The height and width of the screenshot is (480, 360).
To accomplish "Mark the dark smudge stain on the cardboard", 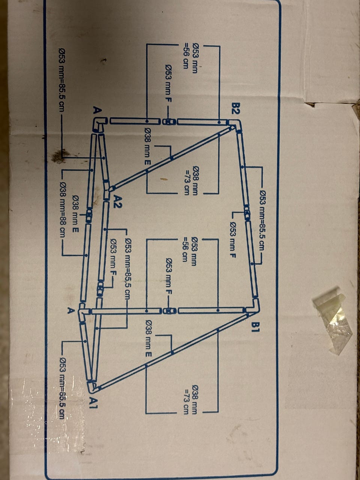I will (x=58, y=156).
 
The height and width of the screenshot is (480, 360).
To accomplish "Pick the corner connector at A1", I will (x=91, y=386).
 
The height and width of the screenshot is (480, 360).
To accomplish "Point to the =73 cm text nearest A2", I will (x=186, y=181).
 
